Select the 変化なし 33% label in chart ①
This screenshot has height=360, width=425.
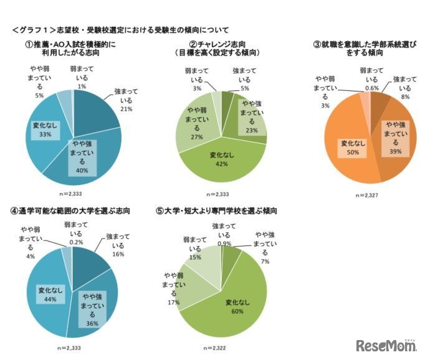click(x=45, y=129)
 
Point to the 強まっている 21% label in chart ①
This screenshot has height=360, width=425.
click(x=126, y=100)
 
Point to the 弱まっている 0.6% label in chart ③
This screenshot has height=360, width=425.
click(x=371, y=79)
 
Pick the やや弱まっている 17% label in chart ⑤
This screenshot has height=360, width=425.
click(x=174, y=288)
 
